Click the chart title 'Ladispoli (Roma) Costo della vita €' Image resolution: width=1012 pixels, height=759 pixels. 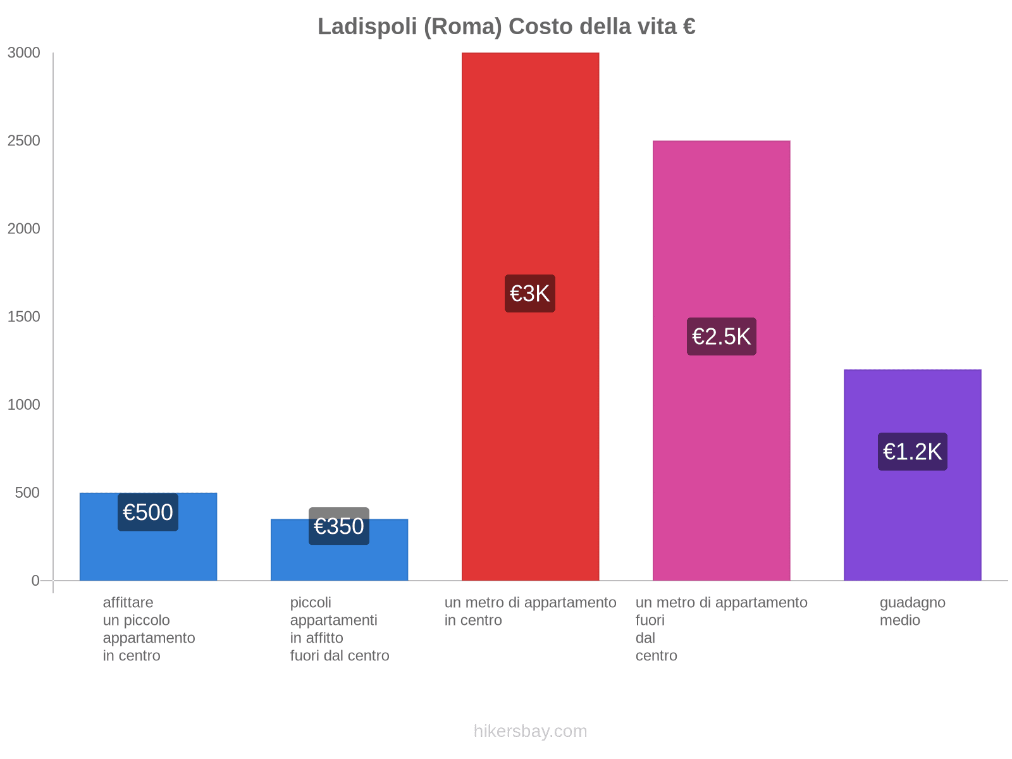click(x=506, y=27)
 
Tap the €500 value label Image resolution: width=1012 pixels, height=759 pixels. click(x=148, y=512)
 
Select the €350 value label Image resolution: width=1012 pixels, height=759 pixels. click(x=339, y=526)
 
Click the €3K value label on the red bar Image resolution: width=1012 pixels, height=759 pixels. click(x=530, y=293)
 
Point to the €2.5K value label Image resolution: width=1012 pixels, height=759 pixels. click(x=721, y=336)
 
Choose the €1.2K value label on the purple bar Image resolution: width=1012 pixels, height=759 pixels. click(x=912, y=452)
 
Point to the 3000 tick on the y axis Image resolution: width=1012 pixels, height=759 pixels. click(x=24, y=53)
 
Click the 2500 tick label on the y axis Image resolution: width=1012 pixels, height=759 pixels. click(x=24, y=141)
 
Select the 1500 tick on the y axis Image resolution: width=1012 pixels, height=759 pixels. click(x=24, y=317)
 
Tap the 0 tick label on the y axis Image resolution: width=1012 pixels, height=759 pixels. click(x=35, y=581)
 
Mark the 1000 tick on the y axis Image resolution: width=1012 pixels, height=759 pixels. click(x=24, y=405)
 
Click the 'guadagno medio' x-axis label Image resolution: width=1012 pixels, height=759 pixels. click(x=912, y=612)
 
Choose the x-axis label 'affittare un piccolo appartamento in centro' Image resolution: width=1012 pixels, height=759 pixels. click(x=149, y=629)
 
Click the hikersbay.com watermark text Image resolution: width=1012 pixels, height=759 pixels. click(x=530, y=731)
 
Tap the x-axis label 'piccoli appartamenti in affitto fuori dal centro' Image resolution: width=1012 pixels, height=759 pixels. click(x=340, y=629)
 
